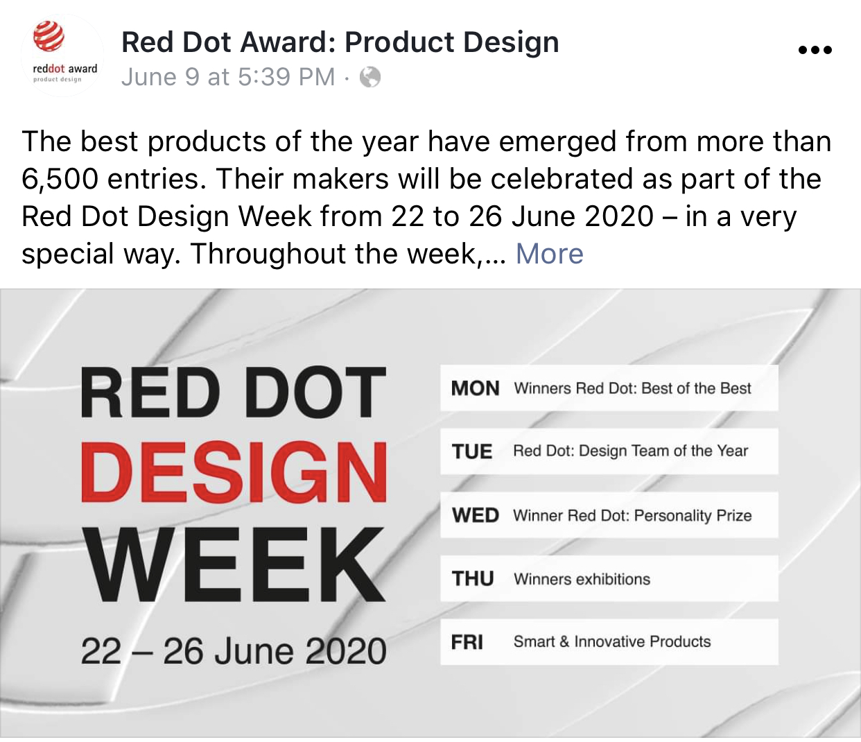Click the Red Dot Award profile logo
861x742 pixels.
[x=62, y=55]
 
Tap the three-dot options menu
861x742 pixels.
[x=815, y=50]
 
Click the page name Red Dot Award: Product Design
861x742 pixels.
[x=340, y=42]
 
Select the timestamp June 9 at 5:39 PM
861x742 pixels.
[x=228, y=77]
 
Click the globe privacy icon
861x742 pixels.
[x=370, y=77]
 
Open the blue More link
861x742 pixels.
[x=550, y=253]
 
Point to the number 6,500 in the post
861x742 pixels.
[x=60, y=179]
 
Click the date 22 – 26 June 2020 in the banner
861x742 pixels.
[x=233, y=652]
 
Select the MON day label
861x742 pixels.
[x=475, y=388]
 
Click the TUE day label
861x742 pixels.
[x=472, y=451]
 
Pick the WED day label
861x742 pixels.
[x=476, y=515]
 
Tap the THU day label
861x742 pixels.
[x=473, y=578]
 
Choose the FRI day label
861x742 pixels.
[x=467, y=642]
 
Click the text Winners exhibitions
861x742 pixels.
[x=582, y=579]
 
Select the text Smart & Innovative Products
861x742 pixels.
[x=612, y=641]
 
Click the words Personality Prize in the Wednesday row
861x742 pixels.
[x=693, y=516]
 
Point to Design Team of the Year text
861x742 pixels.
[x=663, y=451]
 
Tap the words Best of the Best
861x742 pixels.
[x=696, y=388]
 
